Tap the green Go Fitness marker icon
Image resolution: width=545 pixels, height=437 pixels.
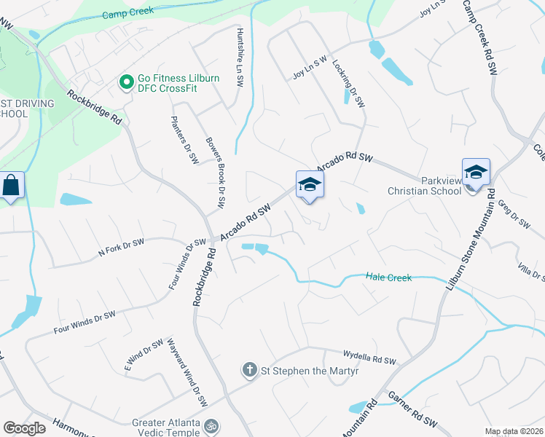(x=126, y=81)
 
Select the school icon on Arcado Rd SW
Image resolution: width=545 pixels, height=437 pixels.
(x=310, y=185)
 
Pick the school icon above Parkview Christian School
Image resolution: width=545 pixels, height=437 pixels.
(x=476, y=173)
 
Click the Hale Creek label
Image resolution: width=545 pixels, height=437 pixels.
(x=389, y=277)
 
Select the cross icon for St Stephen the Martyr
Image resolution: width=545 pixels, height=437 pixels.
(x=249, y=370)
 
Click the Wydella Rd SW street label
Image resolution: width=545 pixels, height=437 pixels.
(x=370, y=357)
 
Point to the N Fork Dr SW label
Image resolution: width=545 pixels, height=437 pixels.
(x=121, y=248)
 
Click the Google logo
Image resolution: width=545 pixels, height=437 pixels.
(x=25, y=428)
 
